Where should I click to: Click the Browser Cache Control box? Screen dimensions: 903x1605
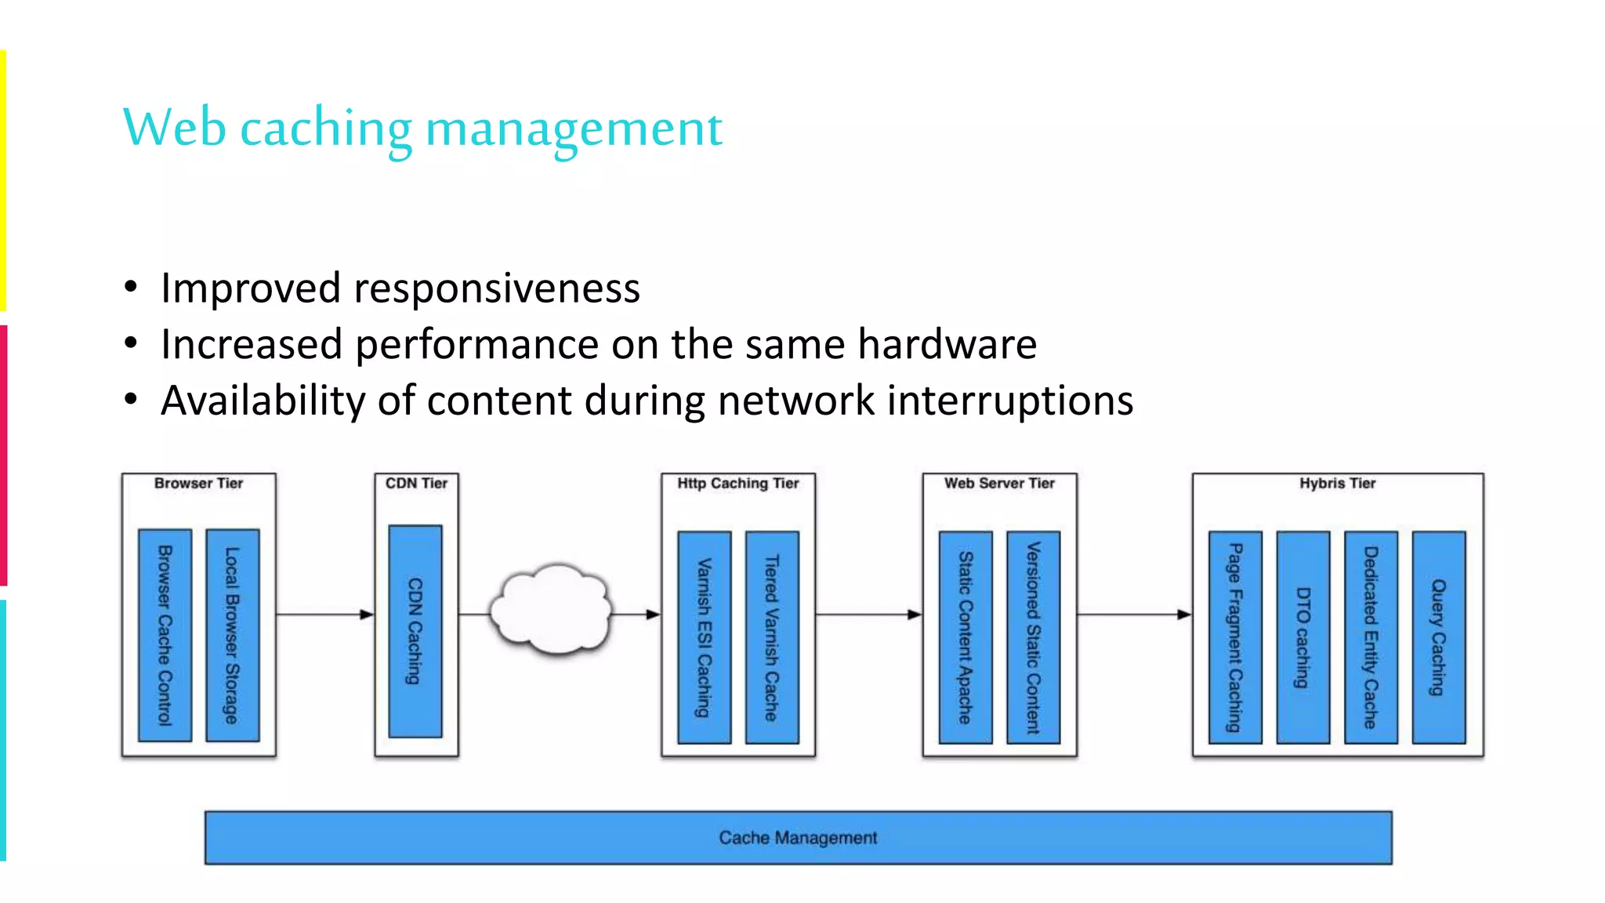tap(165, 635)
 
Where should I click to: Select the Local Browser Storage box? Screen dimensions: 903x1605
tap(232, 635)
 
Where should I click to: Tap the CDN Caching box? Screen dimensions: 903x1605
tap(415, 631)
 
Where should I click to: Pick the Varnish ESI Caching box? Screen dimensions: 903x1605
tap(704, 637)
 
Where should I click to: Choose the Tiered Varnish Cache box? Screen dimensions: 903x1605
tap(772, 637)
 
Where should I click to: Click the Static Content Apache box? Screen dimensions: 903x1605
tap(966, 637)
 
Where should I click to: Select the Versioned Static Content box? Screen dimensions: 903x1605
tap(1033, 637)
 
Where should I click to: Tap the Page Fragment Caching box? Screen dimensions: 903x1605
tap(1235, 637)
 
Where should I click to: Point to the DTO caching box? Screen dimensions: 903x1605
tap(1302, 637)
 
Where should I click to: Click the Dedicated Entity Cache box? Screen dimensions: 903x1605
tap(1371, 637)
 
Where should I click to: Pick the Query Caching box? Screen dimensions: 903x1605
tap(1438, 637)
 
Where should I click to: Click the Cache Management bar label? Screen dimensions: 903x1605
tap(798, 838)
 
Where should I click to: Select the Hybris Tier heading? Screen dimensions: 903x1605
tap(1337, 484)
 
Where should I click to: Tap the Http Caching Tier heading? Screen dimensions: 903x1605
tap(738, 484)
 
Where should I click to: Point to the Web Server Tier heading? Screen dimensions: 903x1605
tap(999, 484)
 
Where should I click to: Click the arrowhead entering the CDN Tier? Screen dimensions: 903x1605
tap(367, 615)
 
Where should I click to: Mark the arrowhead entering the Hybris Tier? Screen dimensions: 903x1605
tap(1184, 615)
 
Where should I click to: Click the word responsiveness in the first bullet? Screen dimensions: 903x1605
tap(497, 288)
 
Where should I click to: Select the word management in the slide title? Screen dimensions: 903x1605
tap(574, 129)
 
